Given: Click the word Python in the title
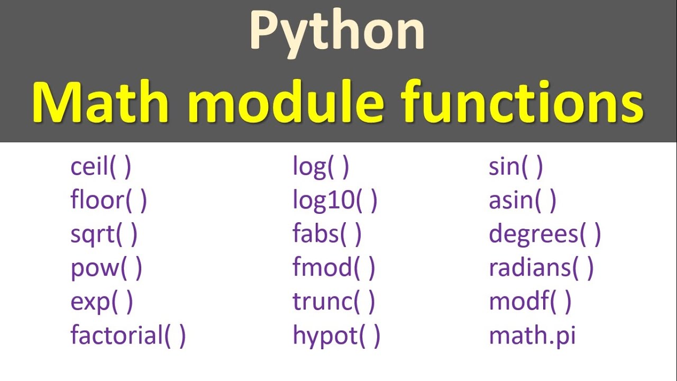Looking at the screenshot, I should (337, 32).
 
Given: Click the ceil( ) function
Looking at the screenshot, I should (100, 167).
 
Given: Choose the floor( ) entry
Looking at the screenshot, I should (108, 201).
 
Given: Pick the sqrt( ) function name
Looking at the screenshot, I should (104, 234).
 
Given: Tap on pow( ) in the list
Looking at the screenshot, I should (106, 268).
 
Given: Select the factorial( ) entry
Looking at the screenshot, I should (128, 335).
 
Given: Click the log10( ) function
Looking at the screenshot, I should (335, 201).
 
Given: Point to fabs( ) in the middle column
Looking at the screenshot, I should (327, 234).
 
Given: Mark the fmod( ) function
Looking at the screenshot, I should (334, 268).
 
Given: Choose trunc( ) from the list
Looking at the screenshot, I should (334, 302).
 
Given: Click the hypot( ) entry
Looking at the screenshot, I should (336, 335).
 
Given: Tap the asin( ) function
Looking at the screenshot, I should (523, 201).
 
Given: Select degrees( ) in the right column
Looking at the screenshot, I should (545, 234).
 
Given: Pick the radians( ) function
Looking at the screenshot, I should (541, 268).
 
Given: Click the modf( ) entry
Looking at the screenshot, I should (530, 302).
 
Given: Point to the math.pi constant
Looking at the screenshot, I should (532, 335).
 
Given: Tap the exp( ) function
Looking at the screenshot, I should (102, 302).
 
